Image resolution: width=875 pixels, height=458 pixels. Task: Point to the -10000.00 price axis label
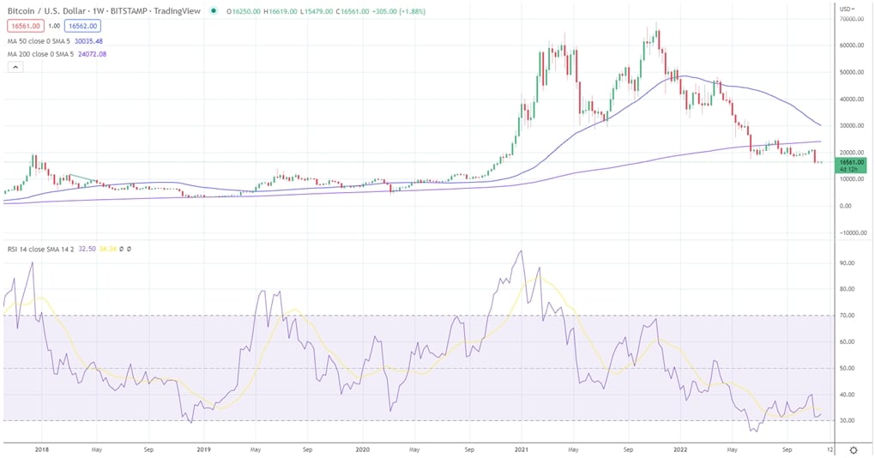852,233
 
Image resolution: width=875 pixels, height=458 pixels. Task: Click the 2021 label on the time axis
522,449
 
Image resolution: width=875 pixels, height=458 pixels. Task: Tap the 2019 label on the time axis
203,449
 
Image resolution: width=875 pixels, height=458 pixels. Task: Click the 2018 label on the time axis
40,449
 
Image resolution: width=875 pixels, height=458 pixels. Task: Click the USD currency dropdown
847,9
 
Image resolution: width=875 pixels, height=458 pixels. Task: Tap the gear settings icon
853,449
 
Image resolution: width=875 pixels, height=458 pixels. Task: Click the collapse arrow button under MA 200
15,68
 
